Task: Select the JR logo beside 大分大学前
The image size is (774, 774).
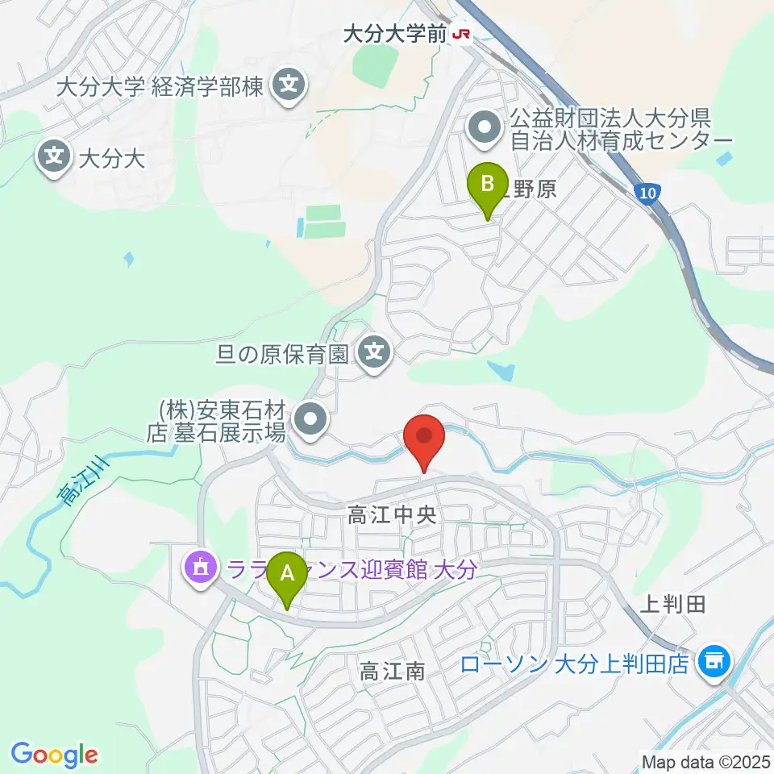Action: [x=462, y=35]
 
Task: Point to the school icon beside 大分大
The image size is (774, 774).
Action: [x=54, y=155]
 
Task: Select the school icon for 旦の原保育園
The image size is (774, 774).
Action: [x=375, y=352]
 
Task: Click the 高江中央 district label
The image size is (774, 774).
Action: [x=392, y=516]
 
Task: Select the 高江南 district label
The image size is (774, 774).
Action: [x=393, y=670]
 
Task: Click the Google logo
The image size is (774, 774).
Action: [x=55, y=755]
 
